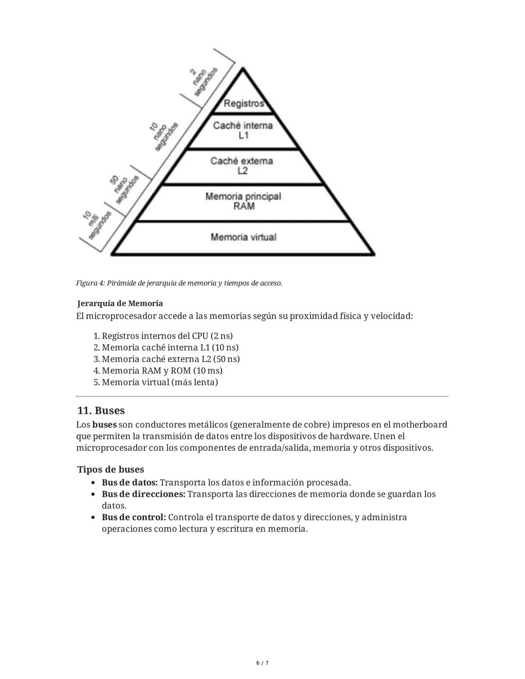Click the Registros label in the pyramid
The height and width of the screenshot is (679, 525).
pos(244,104)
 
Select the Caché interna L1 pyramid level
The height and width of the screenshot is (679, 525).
pos(243,130)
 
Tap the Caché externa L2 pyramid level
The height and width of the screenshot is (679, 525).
pos(242,166)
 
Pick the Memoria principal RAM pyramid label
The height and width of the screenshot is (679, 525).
pos(243,201)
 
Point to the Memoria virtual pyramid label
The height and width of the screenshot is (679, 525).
pos(243,237)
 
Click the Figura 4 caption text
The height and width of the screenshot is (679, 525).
pos(179,283)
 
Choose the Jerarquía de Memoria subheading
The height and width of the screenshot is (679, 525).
pos(120,303)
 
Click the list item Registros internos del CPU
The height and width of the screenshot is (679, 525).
pos(167,336)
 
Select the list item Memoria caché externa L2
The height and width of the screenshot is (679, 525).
pos(171,359)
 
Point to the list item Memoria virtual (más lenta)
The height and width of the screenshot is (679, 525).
pos(159,382)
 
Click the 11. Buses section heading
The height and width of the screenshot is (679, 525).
pos(101,411)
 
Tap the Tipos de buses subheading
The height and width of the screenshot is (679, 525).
pos(111,470)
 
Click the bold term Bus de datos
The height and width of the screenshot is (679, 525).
pos(129,483)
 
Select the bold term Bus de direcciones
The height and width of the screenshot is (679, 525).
pos(143,494)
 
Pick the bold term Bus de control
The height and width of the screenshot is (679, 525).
pos(134,517)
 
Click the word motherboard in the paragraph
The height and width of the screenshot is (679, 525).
pos(420,425)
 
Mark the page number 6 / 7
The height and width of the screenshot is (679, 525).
pos(262,663)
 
